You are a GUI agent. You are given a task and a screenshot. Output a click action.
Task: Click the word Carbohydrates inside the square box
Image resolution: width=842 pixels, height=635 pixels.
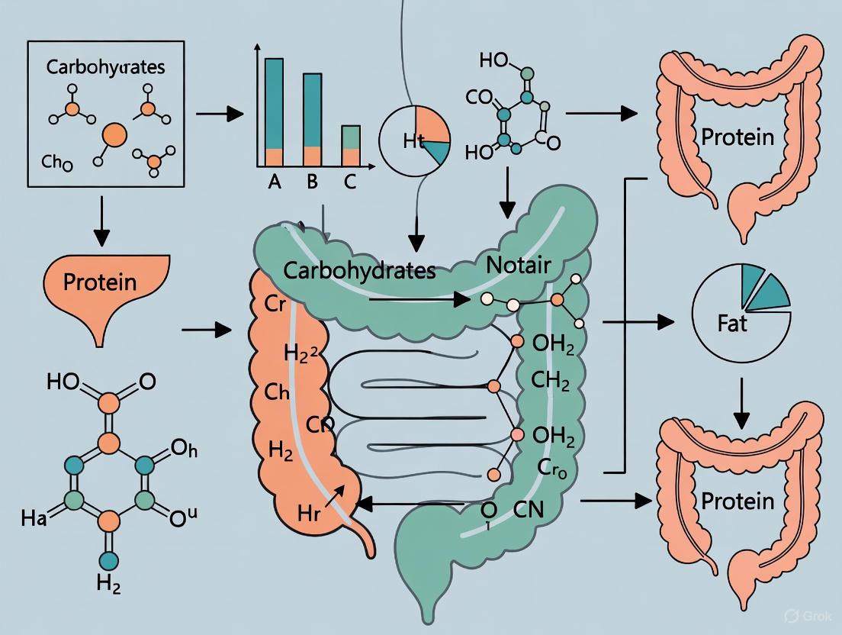tap(105, 66)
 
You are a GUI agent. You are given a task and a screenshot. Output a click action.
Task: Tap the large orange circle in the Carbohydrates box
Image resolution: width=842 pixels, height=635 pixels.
tap(114, 135)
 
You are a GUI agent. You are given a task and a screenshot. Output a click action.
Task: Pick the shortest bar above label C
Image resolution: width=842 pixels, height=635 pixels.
tap(350, 145)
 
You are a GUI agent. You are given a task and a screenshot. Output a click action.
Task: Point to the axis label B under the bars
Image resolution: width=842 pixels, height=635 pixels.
tap(312, 183)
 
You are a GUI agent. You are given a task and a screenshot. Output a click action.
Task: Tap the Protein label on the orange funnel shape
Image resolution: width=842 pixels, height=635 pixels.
tap(99, 282)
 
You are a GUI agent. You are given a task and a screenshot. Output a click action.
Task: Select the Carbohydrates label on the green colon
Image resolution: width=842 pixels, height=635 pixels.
tap(359, 270)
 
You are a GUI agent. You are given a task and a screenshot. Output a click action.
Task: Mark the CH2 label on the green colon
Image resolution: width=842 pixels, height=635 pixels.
tap(551, 379)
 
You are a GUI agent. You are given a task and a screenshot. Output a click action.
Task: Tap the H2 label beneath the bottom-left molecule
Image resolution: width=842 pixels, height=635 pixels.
tap(108, 606)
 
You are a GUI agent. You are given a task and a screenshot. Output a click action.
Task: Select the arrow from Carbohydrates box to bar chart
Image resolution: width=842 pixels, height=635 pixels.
tap(220, 114)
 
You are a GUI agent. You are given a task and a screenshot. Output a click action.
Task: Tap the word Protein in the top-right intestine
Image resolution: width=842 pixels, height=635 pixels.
tap(738, 137)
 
